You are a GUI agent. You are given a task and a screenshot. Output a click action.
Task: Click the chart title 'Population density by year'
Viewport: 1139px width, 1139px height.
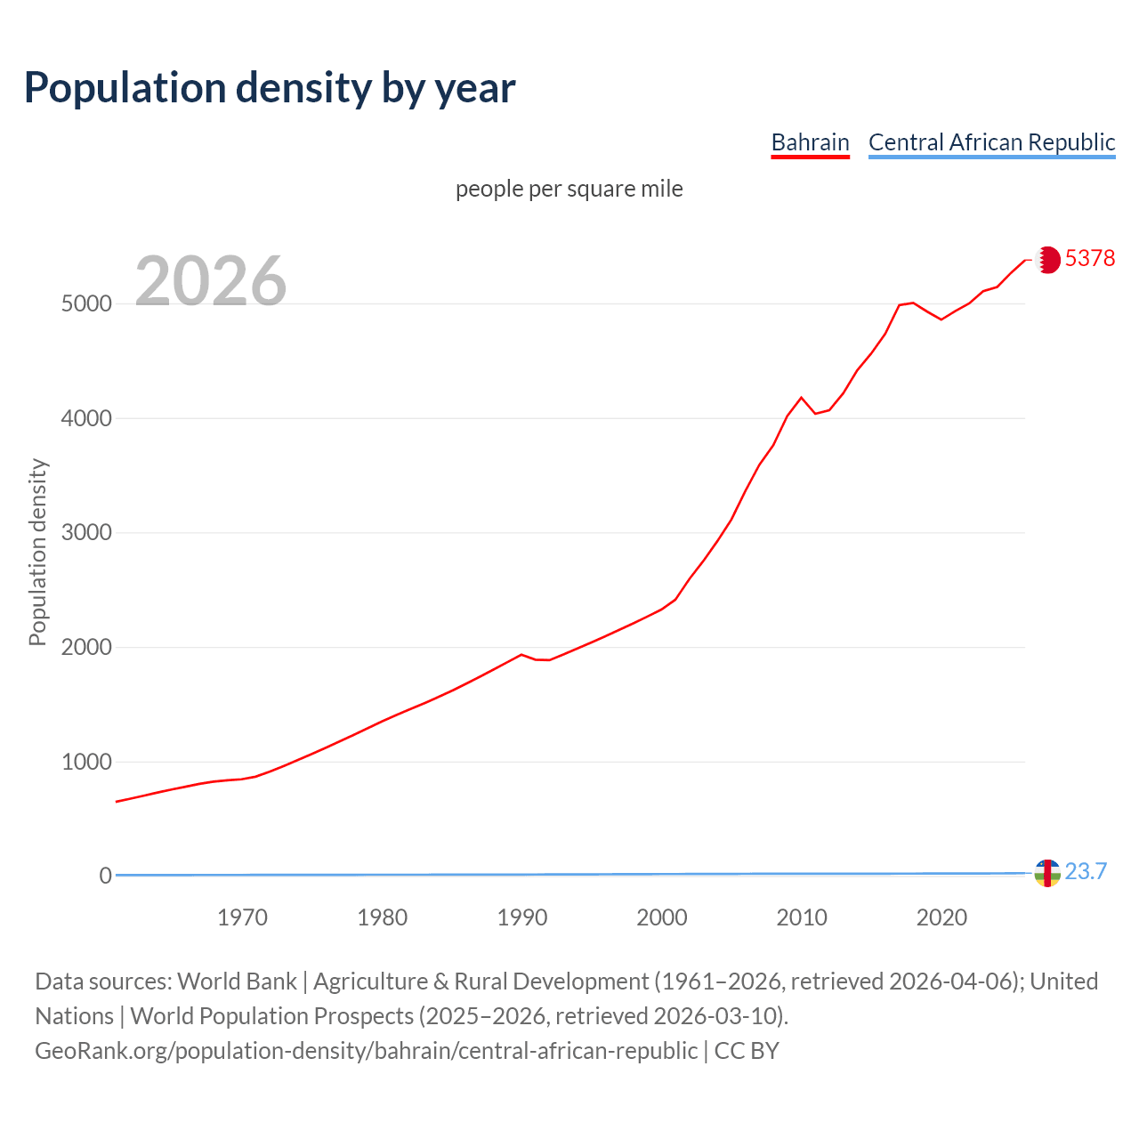click(270, 87)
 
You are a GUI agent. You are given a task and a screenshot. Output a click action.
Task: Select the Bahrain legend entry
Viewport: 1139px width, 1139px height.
click(810, 142)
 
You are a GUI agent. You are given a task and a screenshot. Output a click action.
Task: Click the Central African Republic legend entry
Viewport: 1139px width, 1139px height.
click(991, 142)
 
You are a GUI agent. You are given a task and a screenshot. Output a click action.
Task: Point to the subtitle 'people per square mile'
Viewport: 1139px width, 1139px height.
click(569, 189)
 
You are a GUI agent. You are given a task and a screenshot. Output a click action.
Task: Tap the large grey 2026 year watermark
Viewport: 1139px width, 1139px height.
click(211, 280)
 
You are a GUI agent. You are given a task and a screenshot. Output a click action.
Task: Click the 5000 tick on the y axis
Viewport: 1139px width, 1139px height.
click(86, 303)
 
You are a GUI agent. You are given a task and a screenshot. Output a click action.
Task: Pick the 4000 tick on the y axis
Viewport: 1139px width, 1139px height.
click(86, 418)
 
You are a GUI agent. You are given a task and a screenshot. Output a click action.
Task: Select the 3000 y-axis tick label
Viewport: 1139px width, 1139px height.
click(86, 533)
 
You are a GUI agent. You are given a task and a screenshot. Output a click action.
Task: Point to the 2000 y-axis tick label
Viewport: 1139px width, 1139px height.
click(86, 647)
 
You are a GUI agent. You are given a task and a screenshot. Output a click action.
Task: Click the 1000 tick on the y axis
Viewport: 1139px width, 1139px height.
click(86, 762)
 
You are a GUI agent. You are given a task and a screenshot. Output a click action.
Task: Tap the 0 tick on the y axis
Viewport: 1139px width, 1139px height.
click(106, 876)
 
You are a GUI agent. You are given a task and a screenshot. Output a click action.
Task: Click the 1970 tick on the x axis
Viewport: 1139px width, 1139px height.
click(242, 917)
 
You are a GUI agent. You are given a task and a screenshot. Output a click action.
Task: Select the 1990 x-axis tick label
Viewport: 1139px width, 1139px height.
click(522, 917)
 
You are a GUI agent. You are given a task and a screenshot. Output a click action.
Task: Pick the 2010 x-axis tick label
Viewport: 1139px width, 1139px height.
click(802, 917)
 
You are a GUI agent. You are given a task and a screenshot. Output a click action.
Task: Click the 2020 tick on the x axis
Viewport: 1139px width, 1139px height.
click(941, 917)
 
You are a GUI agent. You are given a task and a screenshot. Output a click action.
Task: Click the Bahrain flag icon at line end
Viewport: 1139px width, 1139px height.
click(1048, 259)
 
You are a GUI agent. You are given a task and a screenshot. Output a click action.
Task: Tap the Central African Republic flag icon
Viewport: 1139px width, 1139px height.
click(1048, 874)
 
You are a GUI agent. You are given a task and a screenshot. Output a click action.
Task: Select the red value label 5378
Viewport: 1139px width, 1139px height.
click(1090, 258)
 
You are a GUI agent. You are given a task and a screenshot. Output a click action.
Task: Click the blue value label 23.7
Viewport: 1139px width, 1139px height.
click(1086, 871)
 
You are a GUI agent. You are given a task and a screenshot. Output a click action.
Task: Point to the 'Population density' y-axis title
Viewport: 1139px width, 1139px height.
click(37, 552)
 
